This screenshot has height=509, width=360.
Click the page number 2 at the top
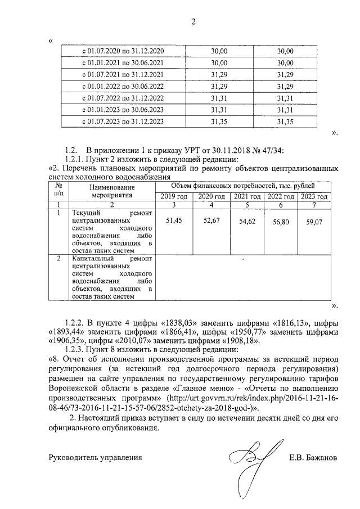click(x=193, y=22)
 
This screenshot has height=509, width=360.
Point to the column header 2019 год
click(x=173, y=197)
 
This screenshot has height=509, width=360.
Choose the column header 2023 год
click(x=314, y=197)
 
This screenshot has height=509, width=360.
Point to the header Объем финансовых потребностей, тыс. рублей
click(x=242, y=186)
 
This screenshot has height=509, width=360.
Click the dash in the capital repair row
click(x=242, y=259)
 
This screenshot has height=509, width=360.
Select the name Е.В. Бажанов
click(x=312, y=458)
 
